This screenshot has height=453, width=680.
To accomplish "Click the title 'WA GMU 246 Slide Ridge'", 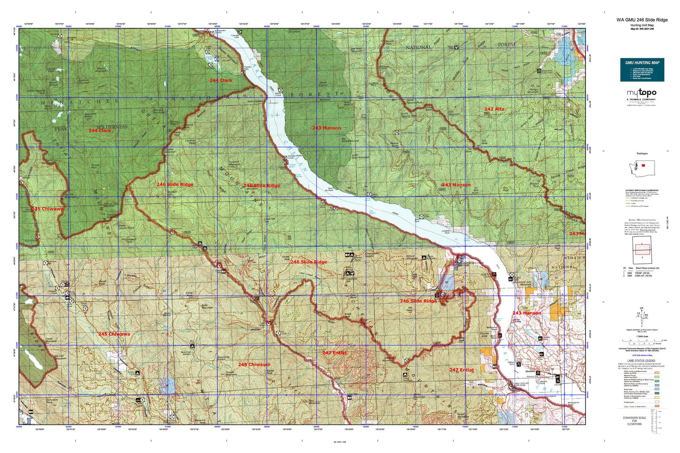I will tap(642, 20).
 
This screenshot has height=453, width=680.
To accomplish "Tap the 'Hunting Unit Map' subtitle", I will tap(642, 25).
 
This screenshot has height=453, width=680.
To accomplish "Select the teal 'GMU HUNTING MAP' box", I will tap(642, 69).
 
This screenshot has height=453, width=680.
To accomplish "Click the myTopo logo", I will tap(641, 94).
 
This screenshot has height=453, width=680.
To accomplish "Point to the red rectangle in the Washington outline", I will tap(643, 166).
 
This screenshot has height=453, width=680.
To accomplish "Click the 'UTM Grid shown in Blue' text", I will tap(641, 353).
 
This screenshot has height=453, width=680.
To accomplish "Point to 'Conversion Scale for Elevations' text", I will tap(634, 421).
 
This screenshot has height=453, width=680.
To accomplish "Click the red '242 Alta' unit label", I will tap(494, 109).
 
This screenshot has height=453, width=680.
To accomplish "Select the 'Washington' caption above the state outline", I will tap(642, 153).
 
